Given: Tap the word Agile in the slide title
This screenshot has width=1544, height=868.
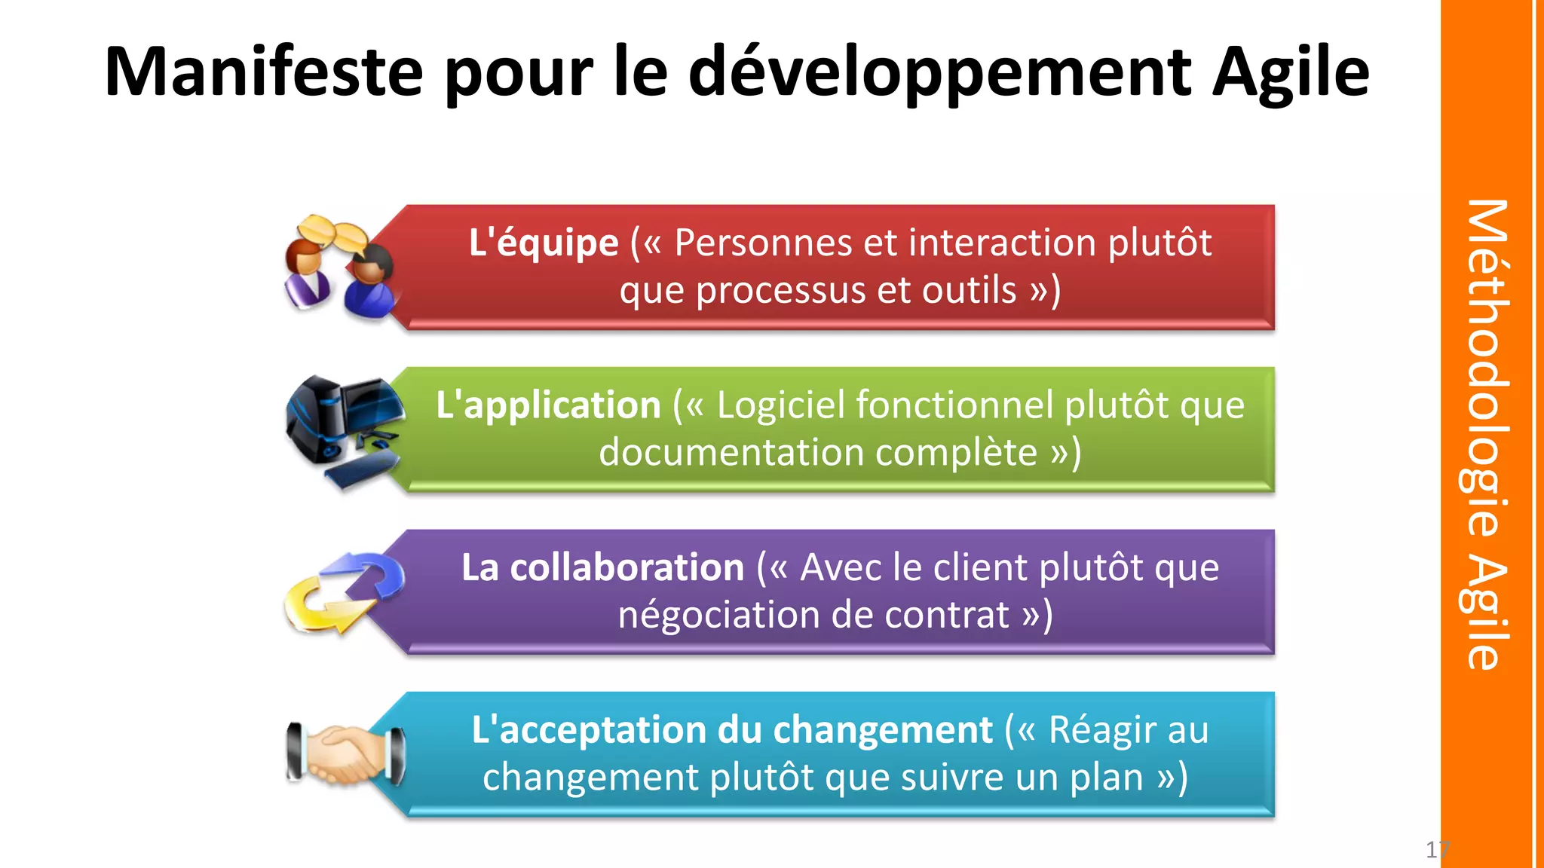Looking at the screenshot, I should pyautogui.click(x=1290, y=74).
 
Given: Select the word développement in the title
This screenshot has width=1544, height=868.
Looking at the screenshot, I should pyautogui.click(x=939, y=74).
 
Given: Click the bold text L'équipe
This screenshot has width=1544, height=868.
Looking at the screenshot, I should pyautogui.click(x=543, y=243).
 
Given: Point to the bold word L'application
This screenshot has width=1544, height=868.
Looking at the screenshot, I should pyautogui.click(x=548, y=405).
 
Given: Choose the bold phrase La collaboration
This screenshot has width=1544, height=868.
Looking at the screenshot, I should pyautogui.click(x=602, y=567).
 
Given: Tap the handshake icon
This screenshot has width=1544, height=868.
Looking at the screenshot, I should pyautogui.click(x=346, y=753).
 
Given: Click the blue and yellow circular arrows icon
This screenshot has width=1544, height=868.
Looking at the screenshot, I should pyautogui.click(x=344, y=592).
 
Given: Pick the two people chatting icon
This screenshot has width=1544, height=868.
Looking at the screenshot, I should pyautogui.click(x=339, y=267).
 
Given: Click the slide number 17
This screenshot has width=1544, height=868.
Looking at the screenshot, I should pyautogui.click(x=1435, y=850).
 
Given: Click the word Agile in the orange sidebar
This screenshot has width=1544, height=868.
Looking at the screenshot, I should pyautogui.click(x=1487, y=613).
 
